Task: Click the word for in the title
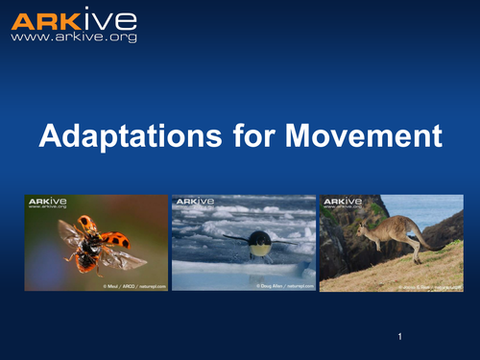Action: coord(233,136)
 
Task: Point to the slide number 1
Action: coord(397,337)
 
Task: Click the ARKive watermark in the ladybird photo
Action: coord(46,202)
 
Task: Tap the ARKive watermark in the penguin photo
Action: coord(194,202)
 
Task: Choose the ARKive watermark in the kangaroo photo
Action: coord(342,202)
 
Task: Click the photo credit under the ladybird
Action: coord(134,286)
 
